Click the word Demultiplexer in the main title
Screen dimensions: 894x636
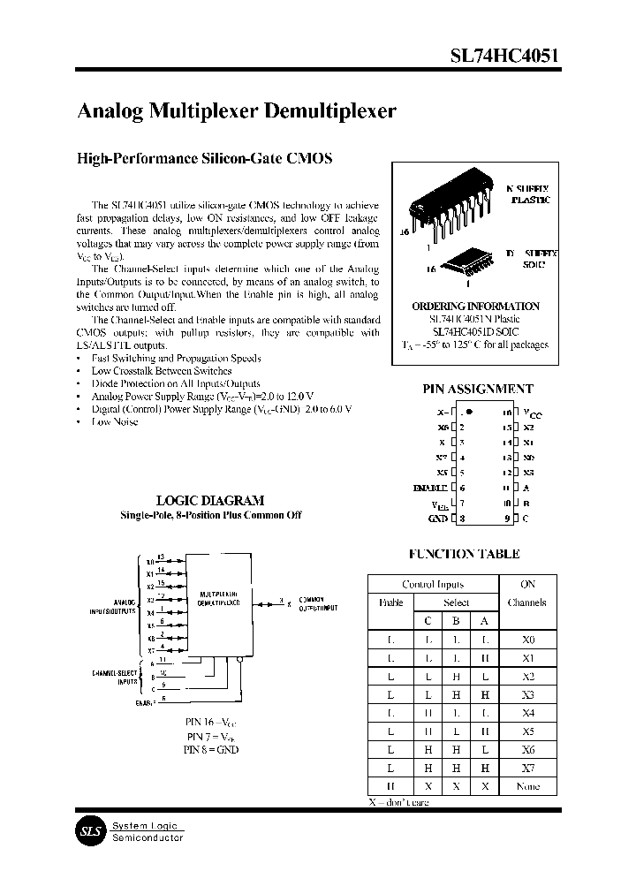320,112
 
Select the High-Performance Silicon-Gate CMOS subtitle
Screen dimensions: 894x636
205,159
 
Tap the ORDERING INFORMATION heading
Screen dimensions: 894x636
475,307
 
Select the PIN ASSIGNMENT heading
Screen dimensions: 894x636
479,389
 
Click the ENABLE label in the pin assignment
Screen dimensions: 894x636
430,487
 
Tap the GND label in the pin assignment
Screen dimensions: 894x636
437,519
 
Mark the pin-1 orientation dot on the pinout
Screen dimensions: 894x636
469,412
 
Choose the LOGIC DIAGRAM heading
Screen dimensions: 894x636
210,500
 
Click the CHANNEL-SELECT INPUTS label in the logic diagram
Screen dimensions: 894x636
116,678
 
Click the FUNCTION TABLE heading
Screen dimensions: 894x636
464,554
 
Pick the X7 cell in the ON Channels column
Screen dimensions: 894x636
527,768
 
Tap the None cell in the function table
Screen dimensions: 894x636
527,786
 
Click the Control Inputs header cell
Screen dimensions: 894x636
433,584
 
